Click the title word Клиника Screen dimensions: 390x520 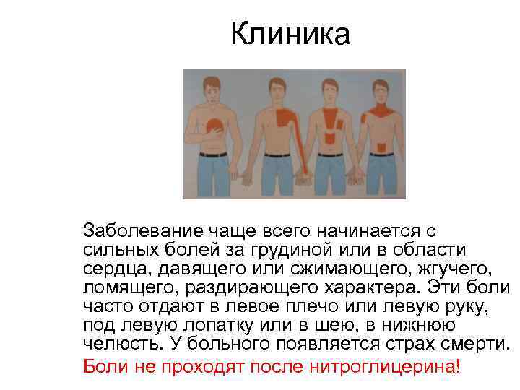(290, 34)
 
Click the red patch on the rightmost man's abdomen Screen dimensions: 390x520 (381, 147)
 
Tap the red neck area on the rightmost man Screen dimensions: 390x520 (381, 110)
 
